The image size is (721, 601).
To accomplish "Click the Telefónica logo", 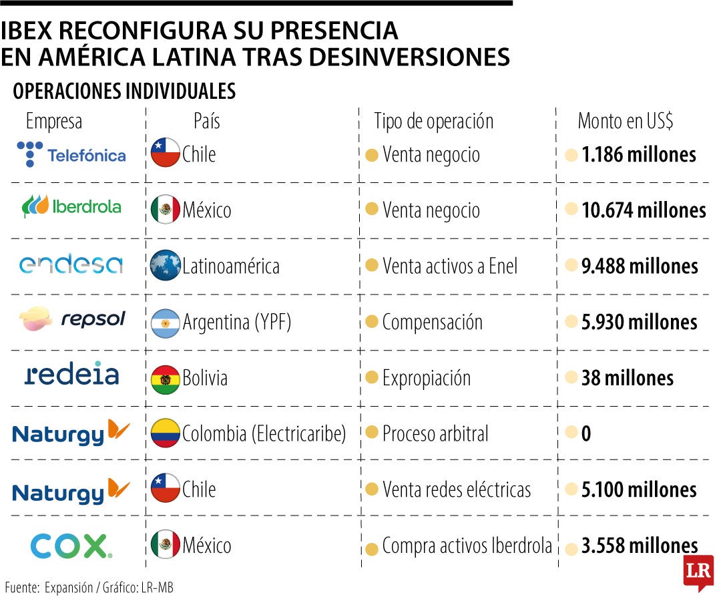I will [x=71, y=154].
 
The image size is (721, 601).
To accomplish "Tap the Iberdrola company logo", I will [x=71, y=206].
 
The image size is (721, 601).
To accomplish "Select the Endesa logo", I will [x=71, y=264].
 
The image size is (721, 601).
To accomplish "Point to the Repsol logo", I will [x=71, y=319].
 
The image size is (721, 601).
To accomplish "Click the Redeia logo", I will [x=71, y=374].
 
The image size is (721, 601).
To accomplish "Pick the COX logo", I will [x=71, y=546].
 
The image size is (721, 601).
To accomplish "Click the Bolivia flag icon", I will [x=166, y=379].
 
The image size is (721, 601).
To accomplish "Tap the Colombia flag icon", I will [x=166, y=434].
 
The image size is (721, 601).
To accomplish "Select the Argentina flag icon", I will [x=166, y=323].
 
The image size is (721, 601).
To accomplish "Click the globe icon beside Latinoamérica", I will [x=166, y=266].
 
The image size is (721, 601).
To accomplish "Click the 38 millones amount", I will [x=628, y=378].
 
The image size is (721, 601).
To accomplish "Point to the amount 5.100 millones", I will [x=639, y=489].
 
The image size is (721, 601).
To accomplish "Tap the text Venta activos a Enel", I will [x=450, y=266].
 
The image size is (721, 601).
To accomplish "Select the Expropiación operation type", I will [x=426, y=378].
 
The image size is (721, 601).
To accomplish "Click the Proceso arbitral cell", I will [x=435, y=434].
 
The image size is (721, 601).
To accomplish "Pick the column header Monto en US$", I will [x=626, y=122].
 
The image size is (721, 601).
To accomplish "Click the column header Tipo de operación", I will [x=434, y=122].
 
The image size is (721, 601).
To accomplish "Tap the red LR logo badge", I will [x=698, y=572].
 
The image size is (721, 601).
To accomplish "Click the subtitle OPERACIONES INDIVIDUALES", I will [x=125, y=92].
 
